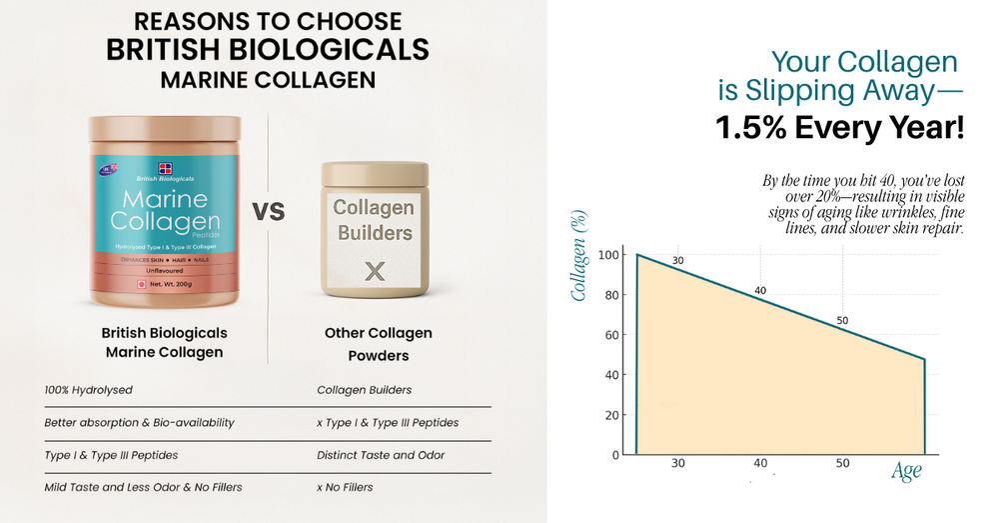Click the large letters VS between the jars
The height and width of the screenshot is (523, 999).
(268, 211)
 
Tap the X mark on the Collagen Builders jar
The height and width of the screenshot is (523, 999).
(374, 270)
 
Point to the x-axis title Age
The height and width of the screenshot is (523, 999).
(905, 472)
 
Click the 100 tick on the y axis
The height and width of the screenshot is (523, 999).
(608, 255)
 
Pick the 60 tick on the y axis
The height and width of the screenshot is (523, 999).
(611, 335)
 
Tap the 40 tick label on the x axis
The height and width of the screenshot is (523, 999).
(760, 463)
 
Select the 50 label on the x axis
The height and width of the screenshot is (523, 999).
(842, 463)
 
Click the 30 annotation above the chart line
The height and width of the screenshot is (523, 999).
(678, 262)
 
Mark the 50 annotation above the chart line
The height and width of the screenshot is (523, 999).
(842, 320)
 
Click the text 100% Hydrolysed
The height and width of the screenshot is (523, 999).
(89, 390)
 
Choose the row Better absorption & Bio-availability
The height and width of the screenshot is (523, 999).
(139, 422)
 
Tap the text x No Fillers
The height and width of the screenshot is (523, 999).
(345, 487)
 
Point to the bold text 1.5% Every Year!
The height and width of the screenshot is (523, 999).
(839, 127)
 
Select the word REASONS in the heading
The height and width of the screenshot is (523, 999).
(184, 21)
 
